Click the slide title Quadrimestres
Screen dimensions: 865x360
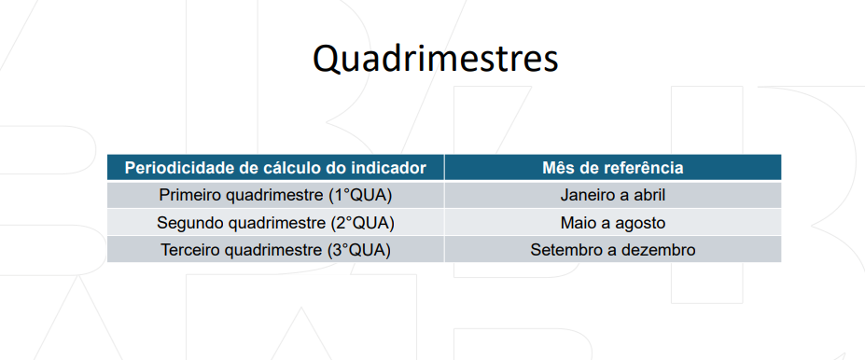click(435, 59)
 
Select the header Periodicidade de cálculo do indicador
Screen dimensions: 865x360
click(275, 168)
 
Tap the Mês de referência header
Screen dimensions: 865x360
click(613, 168)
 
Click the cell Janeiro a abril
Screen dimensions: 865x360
click(613, 195)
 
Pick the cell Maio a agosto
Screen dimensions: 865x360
click(613, 223)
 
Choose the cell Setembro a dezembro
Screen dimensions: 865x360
click(613, 250)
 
